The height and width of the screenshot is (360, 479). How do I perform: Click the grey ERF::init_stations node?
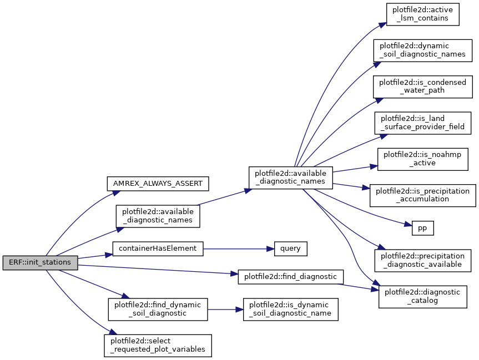40,262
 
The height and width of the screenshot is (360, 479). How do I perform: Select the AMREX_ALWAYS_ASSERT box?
158,184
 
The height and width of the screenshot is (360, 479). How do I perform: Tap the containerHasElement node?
158,249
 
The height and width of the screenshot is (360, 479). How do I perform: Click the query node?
290,249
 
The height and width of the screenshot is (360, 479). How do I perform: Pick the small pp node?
422,228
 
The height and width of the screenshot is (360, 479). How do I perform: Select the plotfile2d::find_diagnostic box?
290,277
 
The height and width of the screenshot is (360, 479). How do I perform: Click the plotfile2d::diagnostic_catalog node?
422,297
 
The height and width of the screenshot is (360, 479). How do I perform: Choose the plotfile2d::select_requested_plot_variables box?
158,346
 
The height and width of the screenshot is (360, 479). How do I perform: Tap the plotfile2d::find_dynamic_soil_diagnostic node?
158,310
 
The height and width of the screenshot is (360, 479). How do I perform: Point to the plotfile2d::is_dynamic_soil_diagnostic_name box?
290,310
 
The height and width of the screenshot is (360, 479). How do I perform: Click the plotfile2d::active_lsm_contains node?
422,14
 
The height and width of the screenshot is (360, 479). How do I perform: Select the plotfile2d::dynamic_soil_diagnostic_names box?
422,50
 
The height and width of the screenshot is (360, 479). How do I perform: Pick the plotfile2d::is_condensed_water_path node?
422,87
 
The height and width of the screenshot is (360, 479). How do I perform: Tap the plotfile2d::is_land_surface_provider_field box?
422,123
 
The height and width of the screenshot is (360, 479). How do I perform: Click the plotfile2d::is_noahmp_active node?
422,159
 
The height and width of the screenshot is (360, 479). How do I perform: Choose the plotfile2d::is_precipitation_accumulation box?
422,195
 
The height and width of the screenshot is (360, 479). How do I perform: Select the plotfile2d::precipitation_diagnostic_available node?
422,261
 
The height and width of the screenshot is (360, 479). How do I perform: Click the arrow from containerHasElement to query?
239,249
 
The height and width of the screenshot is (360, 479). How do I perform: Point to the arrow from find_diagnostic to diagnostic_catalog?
358,287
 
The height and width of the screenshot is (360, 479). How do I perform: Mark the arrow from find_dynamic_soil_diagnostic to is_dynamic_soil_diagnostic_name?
225,310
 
